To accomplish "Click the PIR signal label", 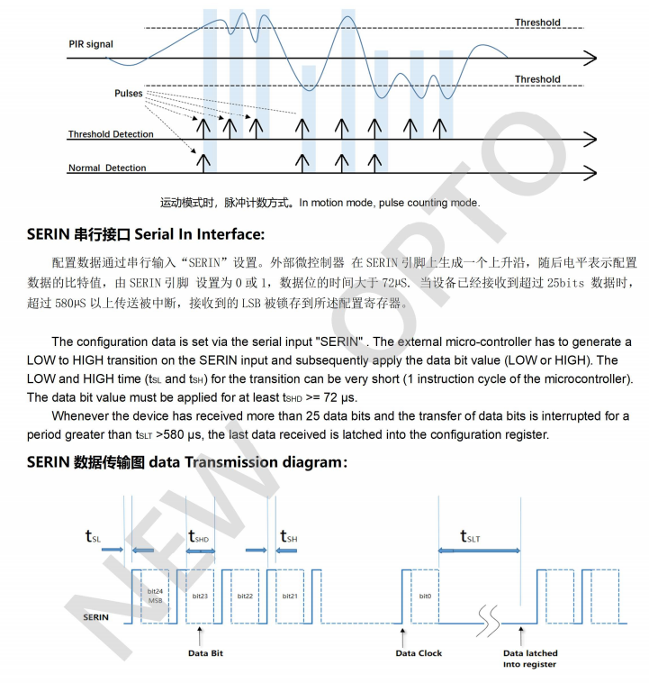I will click(x=91, y=44).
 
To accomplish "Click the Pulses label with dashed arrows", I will click(x=129, y=93).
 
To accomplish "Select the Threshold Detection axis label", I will click(x=111, y=134).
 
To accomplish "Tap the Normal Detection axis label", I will click(x=107, y=168).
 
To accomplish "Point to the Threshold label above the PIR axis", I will click(x=537, y=23).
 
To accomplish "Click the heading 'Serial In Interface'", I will click(x=146, y=234).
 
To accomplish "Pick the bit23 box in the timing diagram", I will click(x=200, y=596).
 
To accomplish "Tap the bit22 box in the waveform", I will click(x=246, y=596).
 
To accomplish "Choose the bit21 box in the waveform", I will click(x=290, y=596).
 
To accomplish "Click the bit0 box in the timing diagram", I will click(x=425, y=596).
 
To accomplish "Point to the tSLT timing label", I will click(x=471, y=537).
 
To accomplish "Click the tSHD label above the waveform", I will click(x=199, y=536).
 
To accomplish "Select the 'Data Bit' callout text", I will click(x=205, y=653).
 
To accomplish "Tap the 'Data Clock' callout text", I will click(x=419, y=653).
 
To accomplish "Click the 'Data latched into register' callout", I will click(x=530, y=659).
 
